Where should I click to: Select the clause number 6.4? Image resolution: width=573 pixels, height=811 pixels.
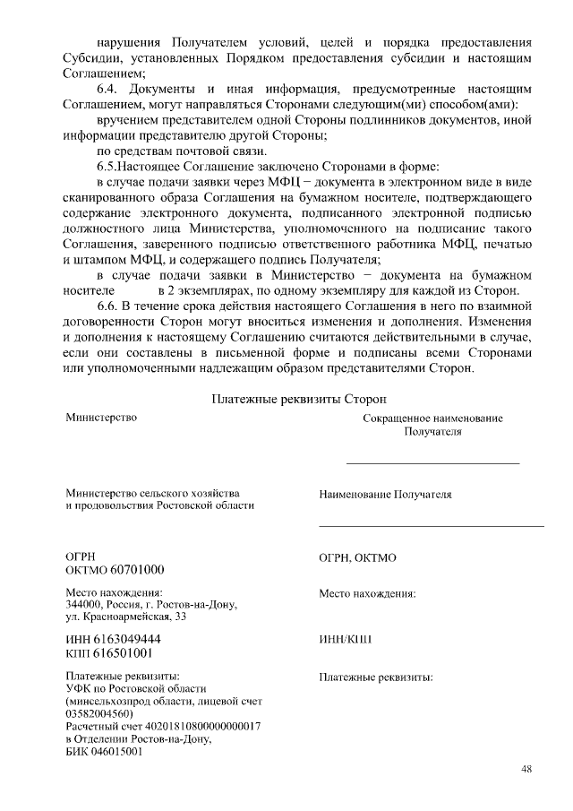pos(108,90)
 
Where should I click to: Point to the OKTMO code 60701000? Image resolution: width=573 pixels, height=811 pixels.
pos(134,570)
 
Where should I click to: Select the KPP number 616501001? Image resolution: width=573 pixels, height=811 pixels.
pos(127,652)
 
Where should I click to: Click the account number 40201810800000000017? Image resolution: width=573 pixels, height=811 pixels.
pos(201,727)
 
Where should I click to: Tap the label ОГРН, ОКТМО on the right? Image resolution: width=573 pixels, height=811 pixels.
pos(357,557)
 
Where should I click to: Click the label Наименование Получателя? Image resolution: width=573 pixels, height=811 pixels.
pos(385,495)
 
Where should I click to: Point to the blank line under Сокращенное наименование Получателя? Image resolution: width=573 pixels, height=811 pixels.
pos(432,462)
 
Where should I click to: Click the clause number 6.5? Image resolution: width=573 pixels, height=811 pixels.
pos(108,168)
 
